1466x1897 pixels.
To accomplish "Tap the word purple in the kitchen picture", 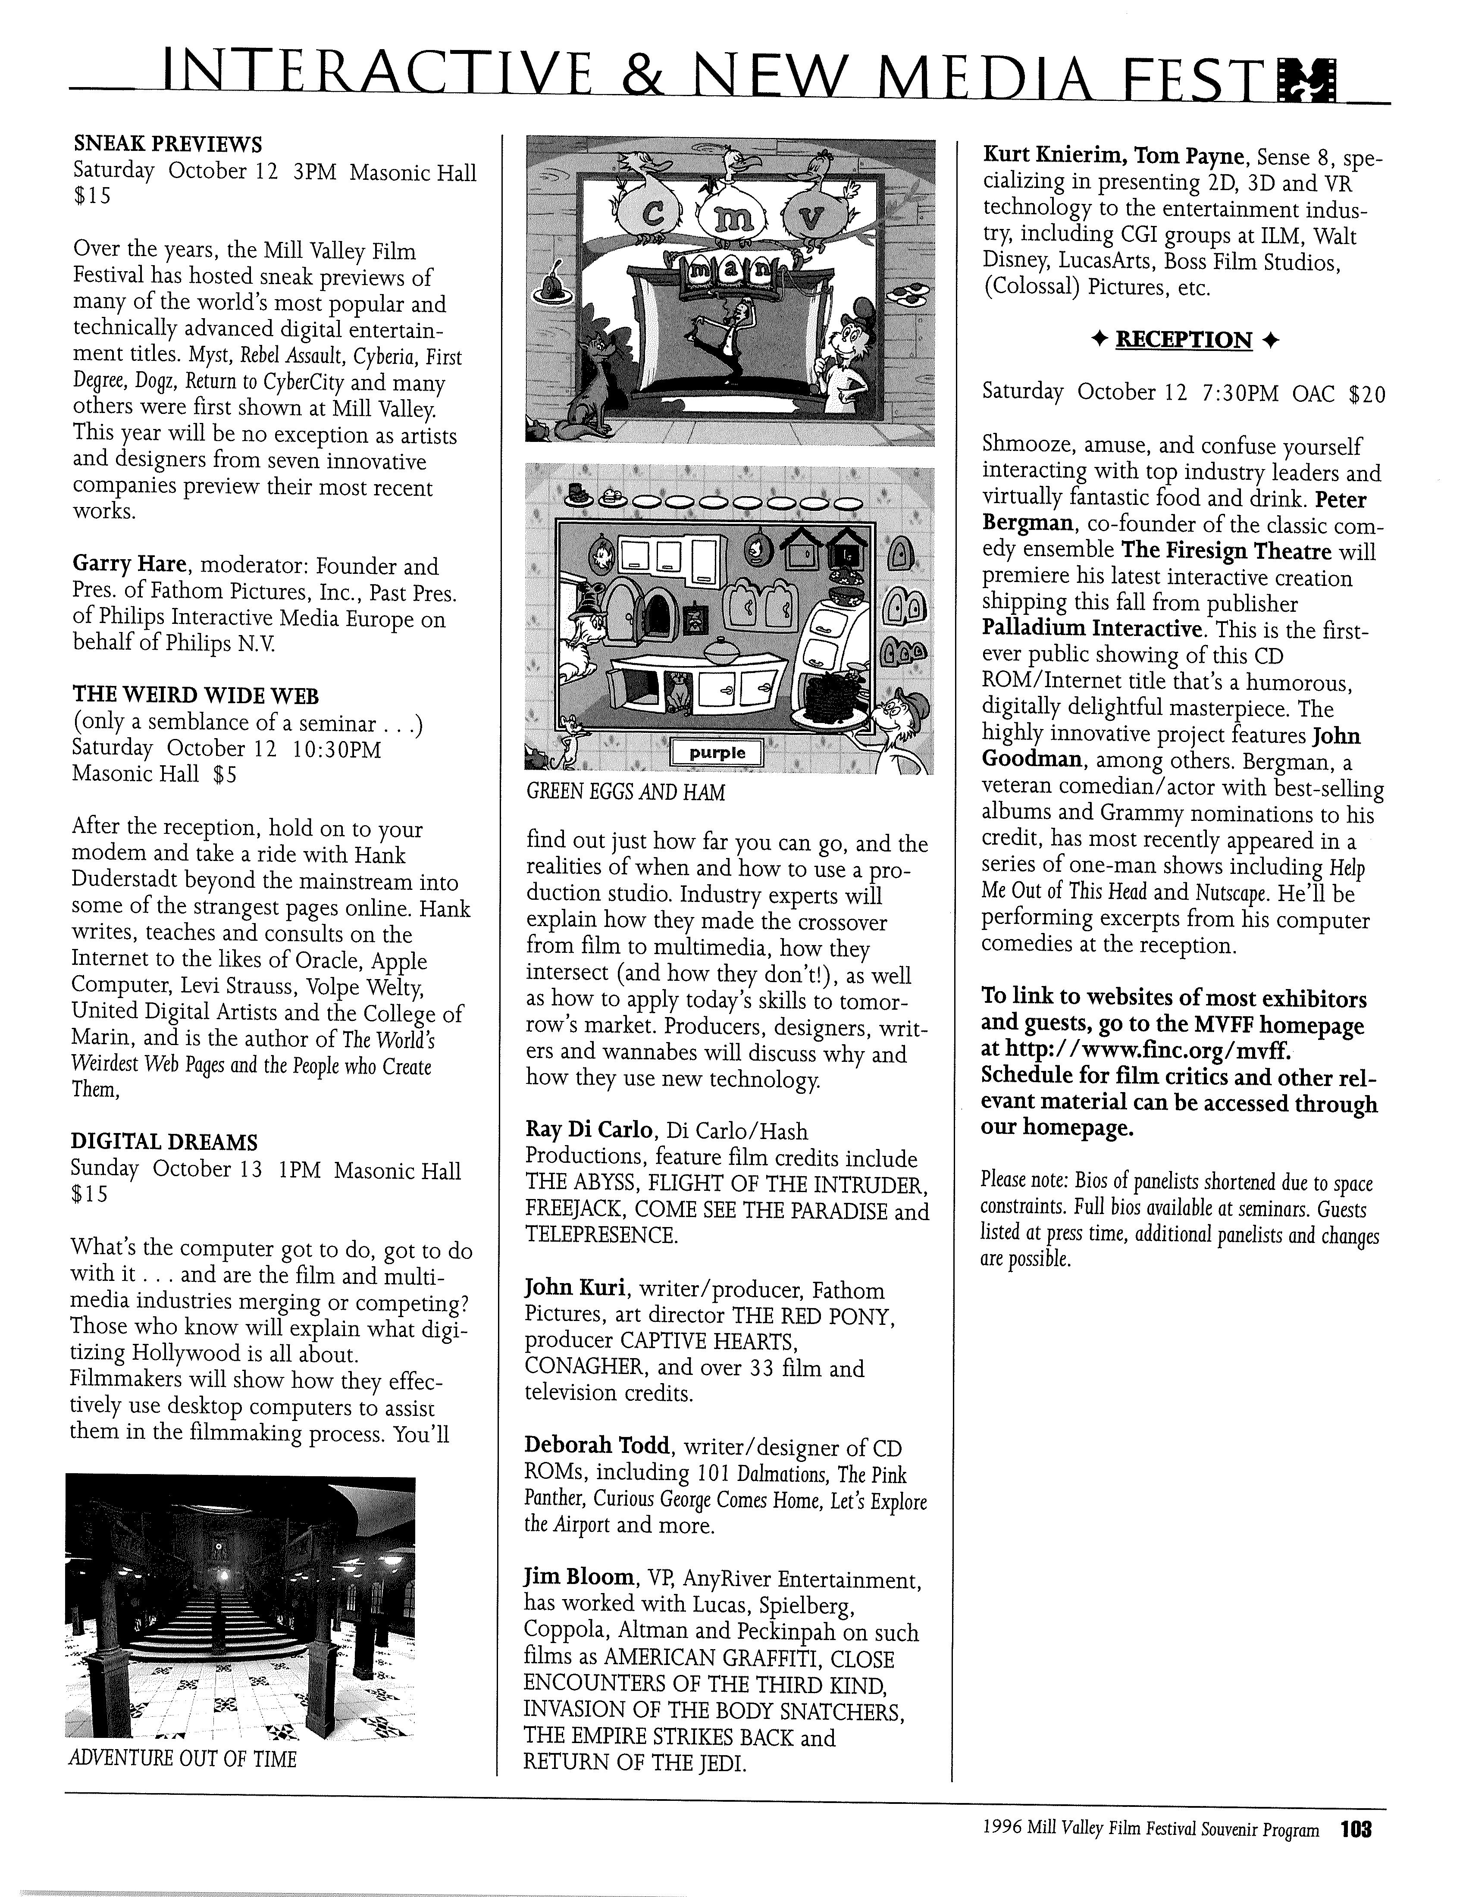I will (x=717, y=753).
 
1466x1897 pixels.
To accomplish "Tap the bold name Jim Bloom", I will (x=578, y=1577).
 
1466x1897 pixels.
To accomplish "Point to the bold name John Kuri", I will (x=575, y=1289).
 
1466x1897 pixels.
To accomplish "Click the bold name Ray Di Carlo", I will (x=588, y=1130).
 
